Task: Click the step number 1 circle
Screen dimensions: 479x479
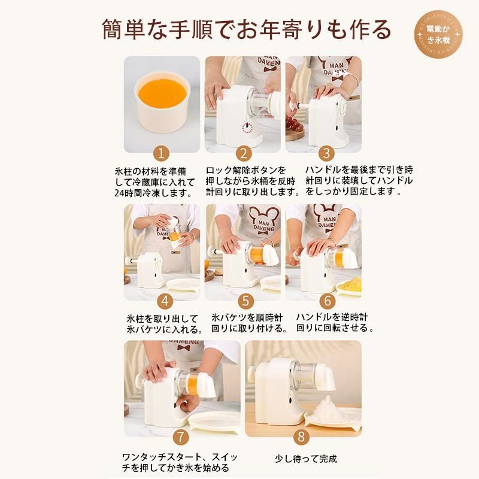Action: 161,153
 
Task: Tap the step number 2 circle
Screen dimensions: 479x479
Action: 244,153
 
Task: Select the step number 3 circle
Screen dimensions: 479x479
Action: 326,153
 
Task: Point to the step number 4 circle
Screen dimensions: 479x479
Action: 165,301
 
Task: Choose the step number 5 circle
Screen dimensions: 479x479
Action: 245,301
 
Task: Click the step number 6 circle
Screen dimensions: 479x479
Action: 327,301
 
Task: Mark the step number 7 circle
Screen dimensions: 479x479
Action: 181,436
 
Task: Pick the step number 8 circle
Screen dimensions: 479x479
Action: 301,436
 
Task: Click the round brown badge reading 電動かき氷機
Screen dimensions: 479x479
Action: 438,34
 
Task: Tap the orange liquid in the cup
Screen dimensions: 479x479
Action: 162,92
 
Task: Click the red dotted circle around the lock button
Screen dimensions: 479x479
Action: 247,128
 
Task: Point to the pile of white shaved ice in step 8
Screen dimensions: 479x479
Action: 328,408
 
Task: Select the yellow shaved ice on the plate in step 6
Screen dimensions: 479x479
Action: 350,283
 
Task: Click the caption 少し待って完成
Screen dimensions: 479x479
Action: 306,459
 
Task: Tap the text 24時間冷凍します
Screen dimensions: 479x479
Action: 154,193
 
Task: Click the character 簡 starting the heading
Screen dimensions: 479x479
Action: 112,29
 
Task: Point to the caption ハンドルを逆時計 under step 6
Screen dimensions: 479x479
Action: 332,317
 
